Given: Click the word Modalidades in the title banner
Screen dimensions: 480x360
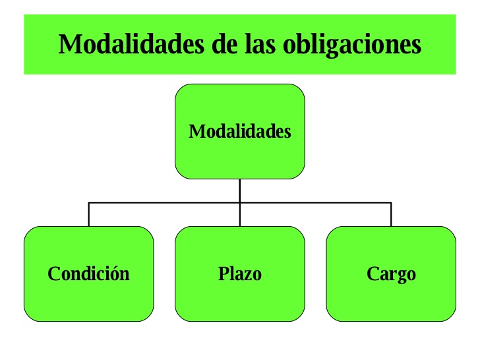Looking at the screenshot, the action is click(134, 44).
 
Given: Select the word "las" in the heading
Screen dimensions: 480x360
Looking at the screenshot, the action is click(267, 44).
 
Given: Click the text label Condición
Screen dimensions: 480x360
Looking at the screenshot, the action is click(89, 274).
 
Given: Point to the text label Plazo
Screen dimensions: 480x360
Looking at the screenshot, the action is click(240, 274).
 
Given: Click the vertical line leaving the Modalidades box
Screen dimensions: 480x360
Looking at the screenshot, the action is click(240, 190).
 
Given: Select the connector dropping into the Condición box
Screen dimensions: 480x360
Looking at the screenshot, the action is click(89, 214).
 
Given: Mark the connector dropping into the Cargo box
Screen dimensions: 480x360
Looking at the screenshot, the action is click(391, 214).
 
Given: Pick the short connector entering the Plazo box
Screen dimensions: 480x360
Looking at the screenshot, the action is click(240, 215).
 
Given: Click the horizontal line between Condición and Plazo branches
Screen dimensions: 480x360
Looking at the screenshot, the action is click(165, 202).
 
